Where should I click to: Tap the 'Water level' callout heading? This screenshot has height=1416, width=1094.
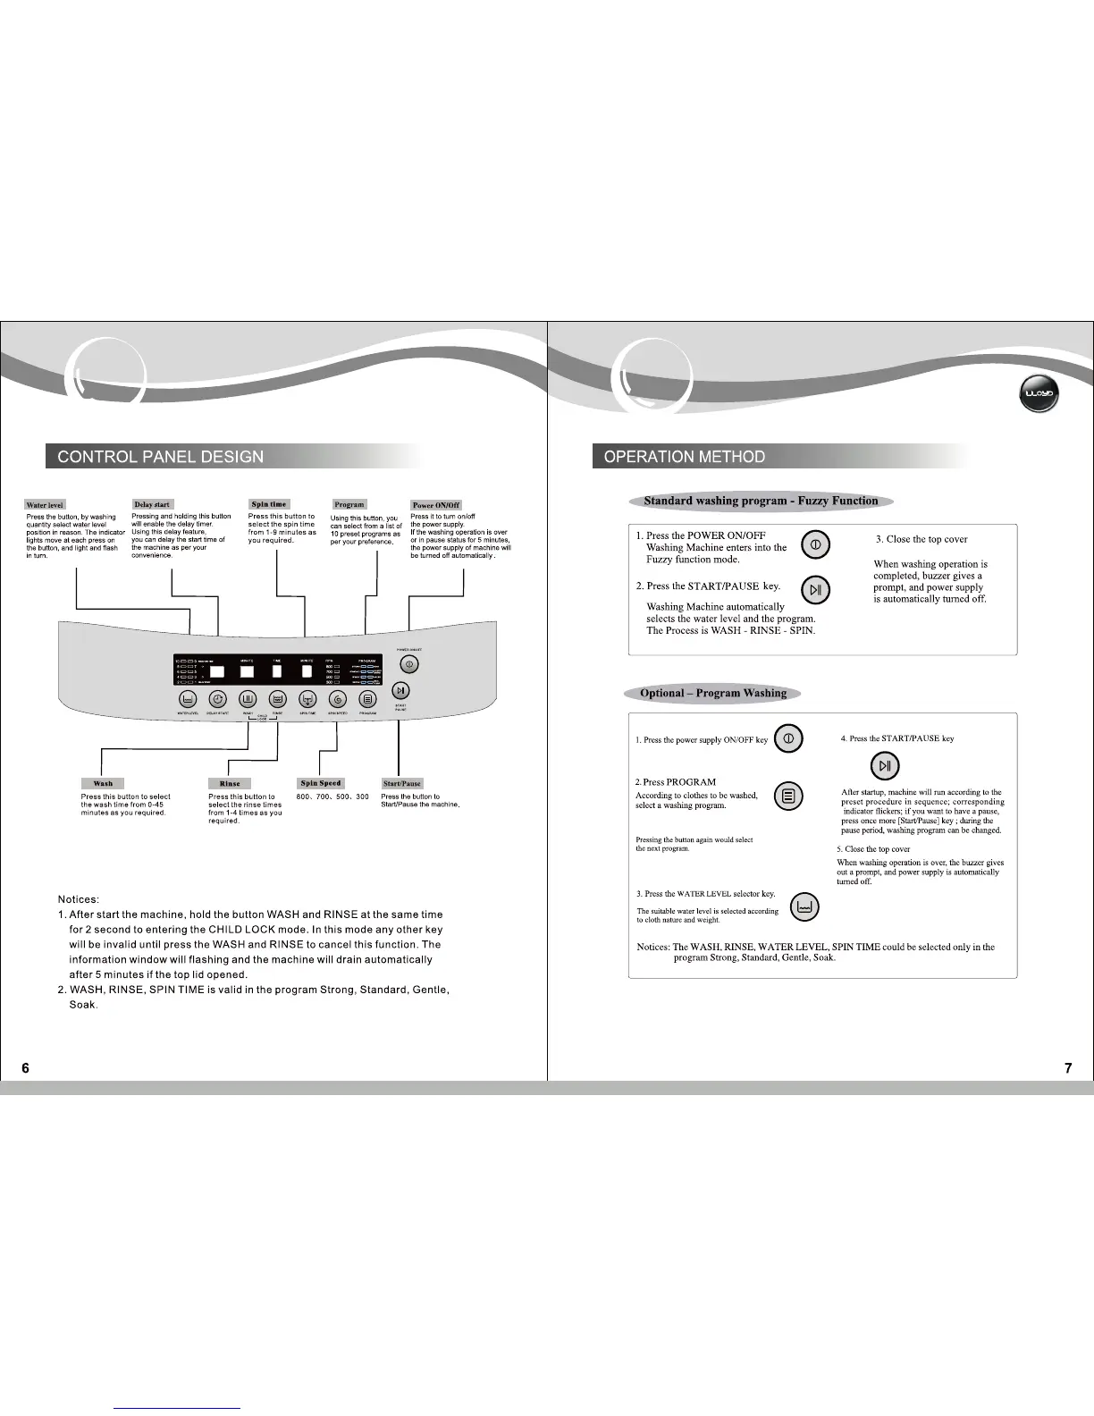pos(45,505)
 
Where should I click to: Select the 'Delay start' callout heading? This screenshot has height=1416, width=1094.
pos(152,504)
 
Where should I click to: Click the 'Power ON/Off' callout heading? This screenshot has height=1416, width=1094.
pos(436,505)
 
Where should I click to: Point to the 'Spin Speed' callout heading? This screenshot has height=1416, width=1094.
pos(321,783)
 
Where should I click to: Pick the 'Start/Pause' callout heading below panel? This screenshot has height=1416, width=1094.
pos(402,783)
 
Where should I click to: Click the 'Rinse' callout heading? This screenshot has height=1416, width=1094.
pos(230,783)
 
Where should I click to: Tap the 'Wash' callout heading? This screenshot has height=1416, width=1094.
pos(103,783)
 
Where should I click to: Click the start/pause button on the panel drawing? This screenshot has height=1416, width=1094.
pos(401,690)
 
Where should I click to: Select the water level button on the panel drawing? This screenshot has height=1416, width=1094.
pos(188,700)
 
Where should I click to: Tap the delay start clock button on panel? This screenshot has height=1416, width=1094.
pos(218,700)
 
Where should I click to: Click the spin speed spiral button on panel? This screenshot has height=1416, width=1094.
pos(338,700)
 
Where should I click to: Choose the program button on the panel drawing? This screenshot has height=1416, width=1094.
pos(367,700)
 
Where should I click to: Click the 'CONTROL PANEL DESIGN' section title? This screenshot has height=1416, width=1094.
pos(161,457)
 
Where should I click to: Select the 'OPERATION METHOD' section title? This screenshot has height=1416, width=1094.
pos(685,457)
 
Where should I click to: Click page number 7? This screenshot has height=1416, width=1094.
pos(1068,1067)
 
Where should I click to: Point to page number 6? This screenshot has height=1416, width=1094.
pos(25,1067)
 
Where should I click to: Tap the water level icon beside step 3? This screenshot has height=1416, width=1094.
pos(805,907)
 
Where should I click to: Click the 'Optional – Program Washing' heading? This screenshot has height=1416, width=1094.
pos(713,693)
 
